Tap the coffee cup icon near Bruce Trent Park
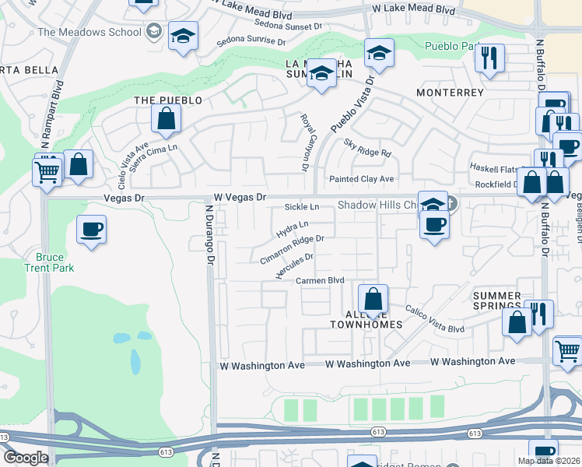click(x=92, y=230)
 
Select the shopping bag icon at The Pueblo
click(x=167, y=120)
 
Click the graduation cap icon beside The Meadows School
click(x=184, y=37)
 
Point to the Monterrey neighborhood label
click(x=450, y=92)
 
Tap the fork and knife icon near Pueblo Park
click(x=489, y=58)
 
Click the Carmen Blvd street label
click(x=320, y=280)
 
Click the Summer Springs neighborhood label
click(x=496, y=301)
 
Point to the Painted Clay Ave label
click(x=361, y=179)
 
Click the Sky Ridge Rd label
click(x=367, y=148)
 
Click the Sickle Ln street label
click(x=302, y=207)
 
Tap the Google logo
click(x=26, y=458)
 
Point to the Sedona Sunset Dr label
click(x=288, y=23)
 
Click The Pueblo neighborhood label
click(x=168, y=100)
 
